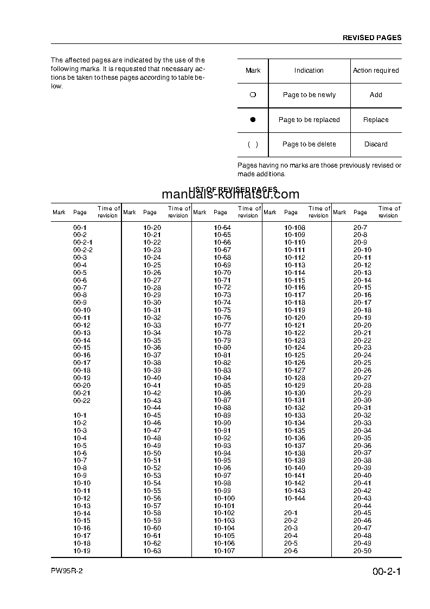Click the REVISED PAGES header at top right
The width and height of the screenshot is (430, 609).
click(372, 38)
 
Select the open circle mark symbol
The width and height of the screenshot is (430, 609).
click(253, 95)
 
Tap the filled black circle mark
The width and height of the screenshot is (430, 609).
click(253, 120)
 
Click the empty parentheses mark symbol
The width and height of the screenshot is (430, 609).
click(253, 144)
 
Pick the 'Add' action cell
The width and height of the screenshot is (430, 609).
click(376, 95)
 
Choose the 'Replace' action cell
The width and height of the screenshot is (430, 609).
click(376, 120)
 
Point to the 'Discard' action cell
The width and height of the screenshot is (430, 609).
click(376, 144)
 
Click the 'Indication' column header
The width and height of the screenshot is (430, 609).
click(309, 70)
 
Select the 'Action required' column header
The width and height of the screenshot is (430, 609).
click(376, 70)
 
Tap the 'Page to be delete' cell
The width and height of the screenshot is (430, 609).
click(309, 144)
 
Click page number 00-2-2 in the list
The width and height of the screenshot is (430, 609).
click(83, 250)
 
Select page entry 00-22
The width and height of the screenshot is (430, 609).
click(82, 400)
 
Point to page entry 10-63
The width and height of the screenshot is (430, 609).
click(152, 551)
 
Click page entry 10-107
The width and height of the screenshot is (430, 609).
click(224, 551)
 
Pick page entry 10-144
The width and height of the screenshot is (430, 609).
click(294, 498)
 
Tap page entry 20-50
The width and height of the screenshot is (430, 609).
click(362, 551)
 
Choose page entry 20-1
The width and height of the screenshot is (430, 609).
click(291, 513)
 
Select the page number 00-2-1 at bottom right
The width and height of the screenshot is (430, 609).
click(387, 572)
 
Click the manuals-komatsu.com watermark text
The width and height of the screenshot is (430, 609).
click(230, 195)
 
